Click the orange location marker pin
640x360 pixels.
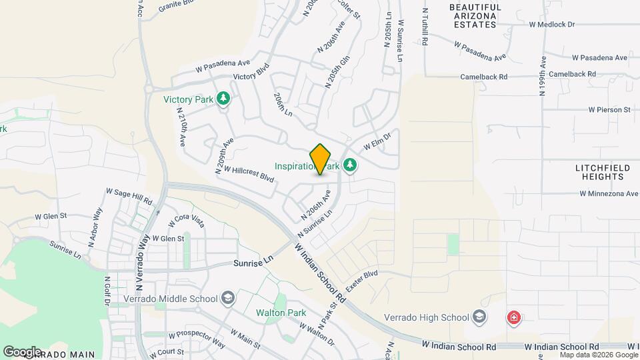321,159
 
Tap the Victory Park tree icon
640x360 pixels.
224,99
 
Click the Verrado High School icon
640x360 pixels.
479,317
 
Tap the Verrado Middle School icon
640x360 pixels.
228,297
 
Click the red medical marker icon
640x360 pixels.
513,317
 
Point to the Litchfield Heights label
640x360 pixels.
599,172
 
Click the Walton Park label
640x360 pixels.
281,313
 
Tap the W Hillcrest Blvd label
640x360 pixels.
249,175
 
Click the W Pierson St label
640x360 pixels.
609,109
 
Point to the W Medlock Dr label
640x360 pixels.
551,25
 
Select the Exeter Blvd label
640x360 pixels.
361,279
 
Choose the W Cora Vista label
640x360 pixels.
189,218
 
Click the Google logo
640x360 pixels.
22,351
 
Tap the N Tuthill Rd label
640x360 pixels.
425,27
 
